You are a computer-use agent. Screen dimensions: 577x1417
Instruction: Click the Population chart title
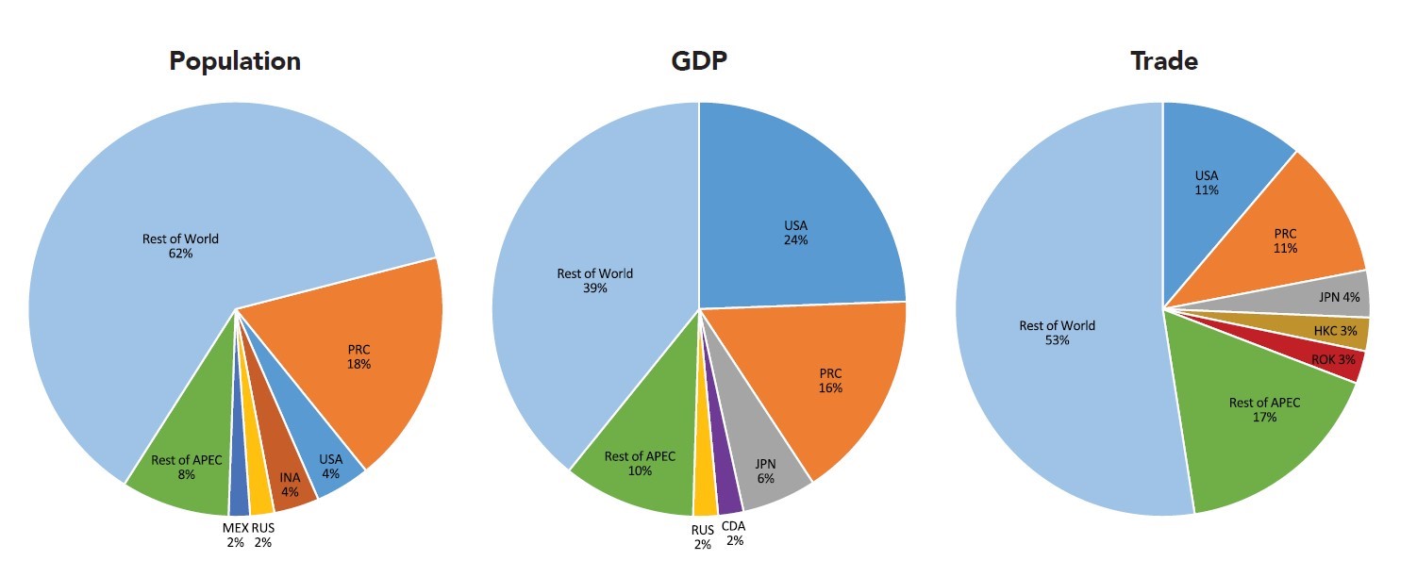235,61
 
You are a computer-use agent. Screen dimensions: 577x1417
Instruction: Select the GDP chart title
698,61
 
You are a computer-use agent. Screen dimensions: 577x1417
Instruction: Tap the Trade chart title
1163,61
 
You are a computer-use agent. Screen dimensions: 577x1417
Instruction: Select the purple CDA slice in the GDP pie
727,490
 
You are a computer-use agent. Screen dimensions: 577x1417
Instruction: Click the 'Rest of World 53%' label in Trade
1057,333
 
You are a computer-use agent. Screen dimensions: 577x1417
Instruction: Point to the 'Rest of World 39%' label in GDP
594,281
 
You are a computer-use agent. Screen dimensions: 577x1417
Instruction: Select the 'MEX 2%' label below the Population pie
234,535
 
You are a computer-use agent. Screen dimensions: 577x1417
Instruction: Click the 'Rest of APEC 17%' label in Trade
1264,409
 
